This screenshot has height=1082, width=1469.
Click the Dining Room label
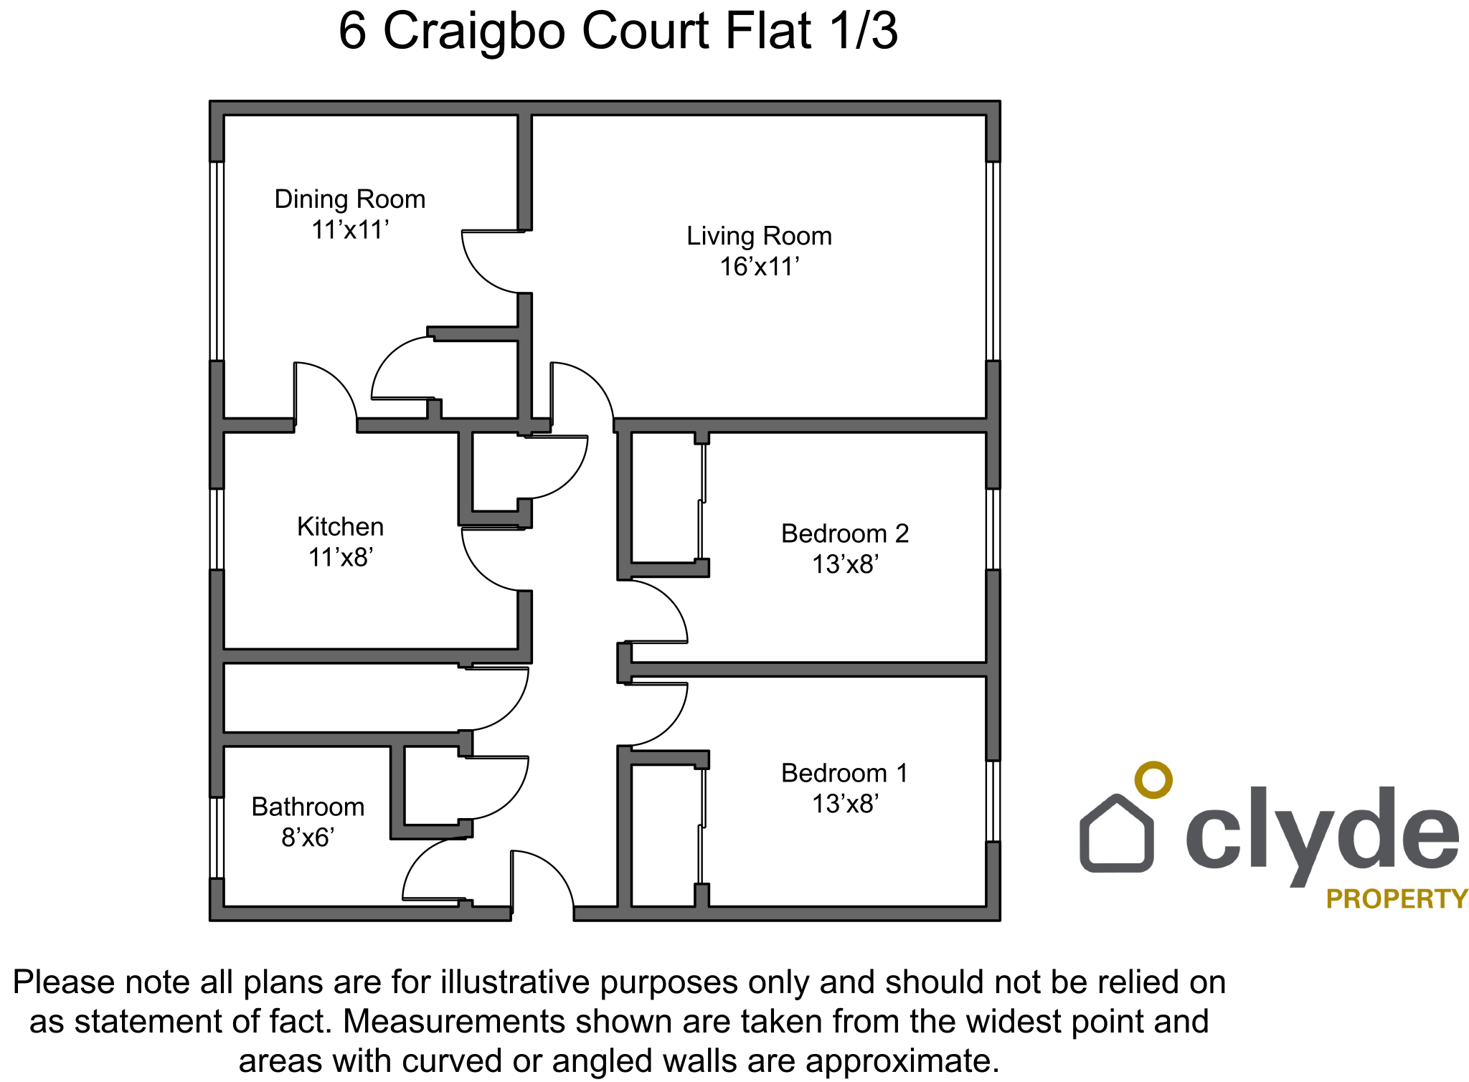click(x=350, y=199)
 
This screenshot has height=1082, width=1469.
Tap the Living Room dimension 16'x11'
click(x=760, y=267)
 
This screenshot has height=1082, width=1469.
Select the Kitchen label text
click(x=341, y=527)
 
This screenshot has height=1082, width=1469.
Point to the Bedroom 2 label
click(x=845, y=534)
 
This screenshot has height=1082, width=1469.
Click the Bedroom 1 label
click(x=845, y=774)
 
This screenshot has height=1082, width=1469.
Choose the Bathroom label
click(x=308, y=807)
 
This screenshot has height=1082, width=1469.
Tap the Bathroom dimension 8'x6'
click(x=308, y=837)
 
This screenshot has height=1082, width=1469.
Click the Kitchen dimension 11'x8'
click(x=341, y=557)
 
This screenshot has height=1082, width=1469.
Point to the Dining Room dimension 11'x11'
click(x=350, y=230)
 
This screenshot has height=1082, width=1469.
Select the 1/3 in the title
click(x=864, y=31)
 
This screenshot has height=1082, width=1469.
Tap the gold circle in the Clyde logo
click(x=1153, y=780)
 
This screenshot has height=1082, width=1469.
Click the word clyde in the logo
click(x=1322, y=832)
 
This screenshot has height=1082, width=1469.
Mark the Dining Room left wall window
click(x=217, y=261)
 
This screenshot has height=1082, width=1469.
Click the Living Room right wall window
click(x=993, y=261)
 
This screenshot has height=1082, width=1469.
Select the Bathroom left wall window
click(x=217, y=837)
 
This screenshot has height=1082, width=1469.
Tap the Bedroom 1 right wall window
click(x=993, y=801)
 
